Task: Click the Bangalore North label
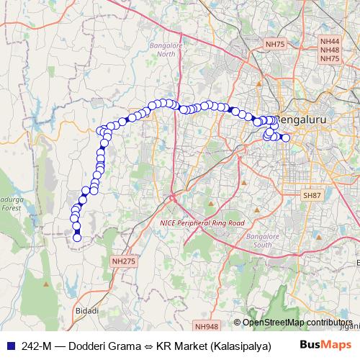click(x=166, y=50)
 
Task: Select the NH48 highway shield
click(x=330, y=51)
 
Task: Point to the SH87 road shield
click(x=312, y=195)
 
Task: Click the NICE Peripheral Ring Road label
click(x=202, y=224)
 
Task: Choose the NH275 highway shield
click(x=123, y=261)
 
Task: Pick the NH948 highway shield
click(x=206, y=327)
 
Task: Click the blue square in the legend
click(x=10, y=346)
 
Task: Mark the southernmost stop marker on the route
click(x=77, y=238)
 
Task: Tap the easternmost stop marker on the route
click(x=286, y=138)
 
